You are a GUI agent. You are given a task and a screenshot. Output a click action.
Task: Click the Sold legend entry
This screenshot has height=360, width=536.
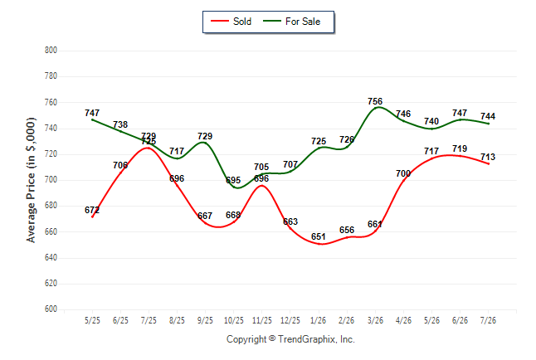point(231,22)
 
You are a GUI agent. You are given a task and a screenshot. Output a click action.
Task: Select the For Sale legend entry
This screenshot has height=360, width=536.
point(291,22)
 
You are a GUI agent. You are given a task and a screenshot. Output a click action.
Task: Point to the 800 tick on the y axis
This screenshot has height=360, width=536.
point(51,51)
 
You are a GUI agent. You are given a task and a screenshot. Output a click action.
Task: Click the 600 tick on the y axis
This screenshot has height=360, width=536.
point(51,309)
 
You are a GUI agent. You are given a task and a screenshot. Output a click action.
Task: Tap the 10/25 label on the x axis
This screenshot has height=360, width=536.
point(234,320)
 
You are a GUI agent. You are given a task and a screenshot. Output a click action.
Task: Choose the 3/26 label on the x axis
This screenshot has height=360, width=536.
point(375,320)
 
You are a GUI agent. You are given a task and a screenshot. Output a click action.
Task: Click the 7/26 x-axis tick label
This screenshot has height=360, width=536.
point(488,320)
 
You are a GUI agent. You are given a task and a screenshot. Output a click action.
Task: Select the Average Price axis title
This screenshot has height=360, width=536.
point(31,180)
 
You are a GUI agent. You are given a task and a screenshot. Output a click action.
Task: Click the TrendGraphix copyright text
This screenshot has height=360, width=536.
point(290,339)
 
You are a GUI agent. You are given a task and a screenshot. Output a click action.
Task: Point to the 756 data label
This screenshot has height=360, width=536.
point(375,101)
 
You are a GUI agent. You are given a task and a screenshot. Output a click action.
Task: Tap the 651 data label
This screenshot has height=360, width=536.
point(319,236)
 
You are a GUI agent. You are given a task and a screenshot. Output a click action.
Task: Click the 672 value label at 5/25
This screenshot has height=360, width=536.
point(92,210)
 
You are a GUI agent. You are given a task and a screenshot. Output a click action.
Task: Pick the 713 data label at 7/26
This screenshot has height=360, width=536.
point(488,157)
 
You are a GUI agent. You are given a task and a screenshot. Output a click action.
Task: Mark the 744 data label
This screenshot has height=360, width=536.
point(488,116)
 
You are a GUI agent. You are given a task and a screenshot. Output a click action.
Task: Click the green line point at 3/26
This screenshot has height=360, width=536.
point(375,108)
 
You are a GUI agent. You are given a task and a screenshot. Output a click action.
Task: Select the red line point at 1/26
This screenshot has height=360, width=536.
point(319,243)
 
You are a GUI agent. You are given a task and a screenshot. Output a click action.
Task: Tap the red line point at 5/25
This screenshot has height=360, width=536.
point(92,216)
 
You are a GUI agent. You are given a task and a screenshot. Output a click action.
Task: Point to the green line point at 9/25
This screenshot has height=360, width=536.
point(206,143)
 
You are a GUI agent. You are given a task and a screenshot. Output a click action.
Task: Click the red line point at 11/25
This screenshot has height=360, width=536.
point(262,185)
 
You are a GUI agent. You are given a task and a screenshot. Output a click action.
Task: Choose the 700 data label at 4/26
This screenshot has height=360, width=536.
point(403,173)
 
